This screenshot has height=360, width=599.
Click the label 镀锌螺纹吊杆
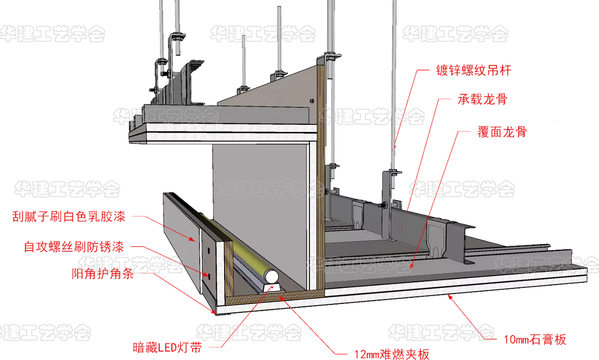click(x=473, y=70)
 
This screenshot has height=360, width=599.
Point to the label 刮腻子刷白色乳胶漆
click(x=69, y=217)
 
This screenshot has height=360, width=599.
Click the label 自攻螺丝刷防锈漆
click(x=74, y=246)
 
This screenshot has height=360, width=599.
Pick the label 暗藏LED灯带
click(x=167, y=348)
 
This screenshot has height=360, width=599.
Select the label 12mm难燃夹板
click(x=392, y=353)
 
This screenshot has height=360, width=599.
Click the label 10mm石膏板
click(x=535, y=339)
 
